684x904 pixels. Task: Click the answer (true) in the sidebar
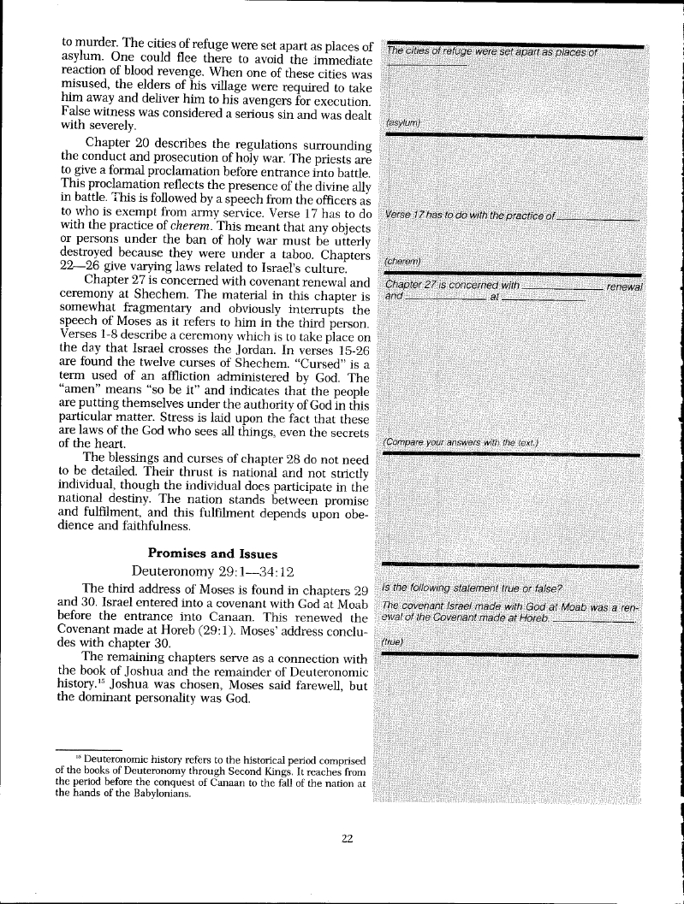point(393,641)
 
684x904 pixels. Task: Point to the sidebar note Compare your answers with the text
point(460,442)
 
